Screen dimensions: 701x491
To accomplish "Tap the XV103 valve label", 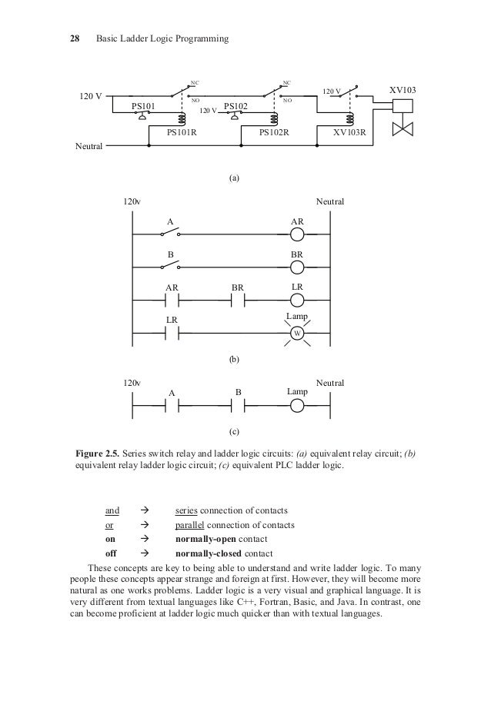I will pyautogui.click(x=402, y=91).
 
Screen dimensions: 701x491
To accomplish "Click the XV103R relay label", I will pyautogui.click(x=349, y=132).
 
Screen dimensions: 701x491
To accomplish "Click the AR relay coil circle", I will pyautogui.click(x=298, y=234).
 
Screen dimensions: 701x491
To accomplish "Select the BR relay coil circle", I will pyautogui.click(x=298, y=267).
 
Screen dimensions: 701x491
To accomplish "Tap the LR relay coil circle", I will pyautogui.click(x=298, y=300).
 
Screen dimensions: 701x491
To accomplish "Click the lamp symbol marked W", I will pyautogui.click(x=297, y=333).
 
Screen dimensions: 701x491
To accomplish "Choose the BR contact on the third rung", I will pyautogui.click(x=239, y=300).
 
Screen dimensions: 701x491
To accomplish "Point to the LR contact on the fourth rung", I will pyautogui.click(x=172, y=333).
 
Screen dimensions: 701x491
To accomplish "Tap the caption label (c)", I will pyautogui.click(x=235, y=432).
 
